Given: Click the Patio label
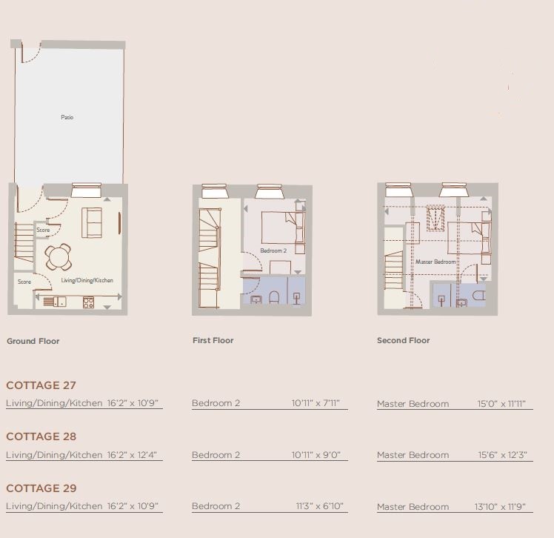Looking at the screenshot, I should (x=67, y=117).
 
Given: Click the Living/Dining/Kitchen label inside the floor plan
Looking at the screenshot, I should (x=87, y=280).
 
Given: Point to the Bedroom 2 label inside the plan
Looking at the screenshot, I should (x=273, y=251).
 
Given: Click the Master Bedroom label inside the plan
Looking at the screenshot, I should (x=435, y=262).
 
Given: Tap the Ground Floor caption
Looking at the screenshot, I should (x=33, y=342).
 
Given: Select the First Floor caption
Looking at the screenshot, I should (x=213, y=341).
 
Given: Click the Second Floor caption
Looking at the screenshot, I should (x=403, y=341).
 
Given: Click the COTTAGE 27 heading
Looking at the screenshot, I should (x=41, y=385).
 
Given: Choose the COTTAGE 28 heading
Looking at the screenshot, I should (x=41, y=436).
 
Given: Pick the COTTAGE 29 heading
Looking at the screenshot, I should (x=41, y=488).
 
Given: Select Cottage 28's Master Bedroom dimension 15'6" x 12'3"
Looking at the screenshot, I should (x=501, y=455).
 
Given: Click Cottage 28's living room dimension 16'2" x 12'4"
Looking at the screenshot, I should (x=133, y=455).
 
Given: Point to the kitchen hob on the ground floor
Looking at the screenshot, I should (x=87, y=301).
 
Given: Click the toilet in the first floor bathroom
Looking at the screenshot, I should (x=274, y=297).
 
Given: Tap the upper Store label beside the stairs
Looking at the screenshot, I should (x=44, y=230).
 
